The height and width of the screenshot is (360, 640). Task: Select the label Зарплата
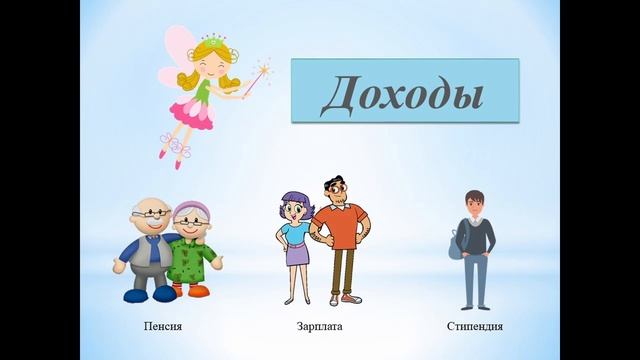point(317,327)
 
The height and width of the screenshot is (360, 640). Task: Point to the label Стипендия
point(475,327)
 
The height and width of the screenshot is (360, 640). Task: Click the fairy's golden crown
point(212,41)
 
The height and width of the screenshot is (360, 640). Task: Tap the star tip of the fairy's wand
point(265,70)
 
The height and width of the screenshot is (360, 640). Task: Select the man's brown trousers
point(343,275)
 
